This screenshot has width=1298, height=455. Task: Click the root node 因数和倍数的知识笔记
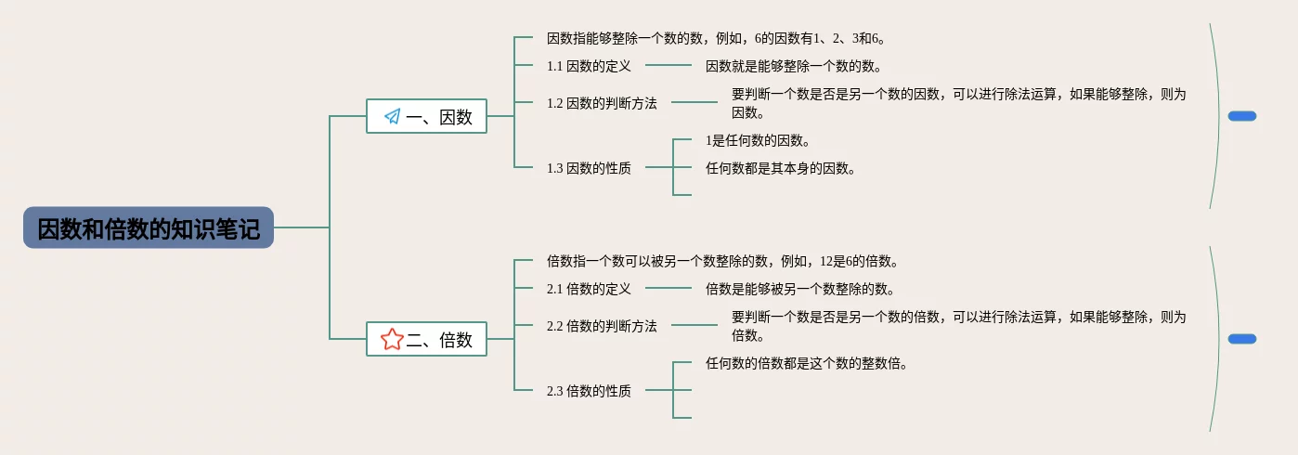pyautogui.click(x=149, y=227)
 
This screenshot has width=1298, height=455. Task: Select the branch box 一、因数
pyautogui.click(x=426, y=116)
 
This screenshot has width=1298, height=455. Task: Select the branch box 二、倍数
pyautogui.click(x=426, y=339)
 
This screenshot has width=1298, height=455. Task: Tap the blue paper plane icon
pyautogui.click(x=392, y=116)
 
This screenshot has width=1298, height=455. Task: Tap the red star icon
pyautogui.click(x=392, y=339)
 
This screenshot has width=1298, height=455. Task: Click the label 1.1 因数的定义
pyautogui.click(x=589, y=66)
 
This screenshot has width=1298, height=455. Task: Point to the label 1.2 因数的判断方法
pyautogui.click(x=602, y=103)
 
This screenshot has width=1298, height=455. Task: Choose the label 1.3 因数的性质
pyautogui.click(x=589, y=168)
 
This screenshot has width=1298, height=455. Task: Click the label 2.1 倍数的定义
pyautogui.click(x=589, y=289)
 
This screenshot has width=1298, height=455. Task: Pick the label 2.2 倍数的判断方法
pyautogui.click(x=602, y=326)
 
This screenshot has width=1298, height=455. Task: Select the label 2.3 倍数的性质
pyautogui.click(x=589, y=391)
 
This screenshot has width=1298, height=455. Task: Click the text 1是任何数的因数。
pyautogui.click(x=759, y=140)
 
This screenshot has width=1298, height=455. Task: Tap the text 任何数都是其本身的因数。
pyautogui.click(x=780, y=168)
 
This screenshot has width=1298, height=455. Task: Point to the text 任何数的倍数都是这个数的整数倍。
pyautogui.click(x=806, y=363)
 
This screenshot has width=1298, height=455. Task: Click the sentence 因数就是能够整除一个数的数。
pyautogui.click(x=793, y=66)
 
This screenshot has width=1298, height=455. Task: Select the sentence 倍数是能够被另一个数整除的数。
pyautogui.click(x=799, y=289)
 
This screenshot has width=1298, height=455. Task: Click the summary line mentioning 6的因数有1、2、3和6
pyautogui.click(x=716, y=38)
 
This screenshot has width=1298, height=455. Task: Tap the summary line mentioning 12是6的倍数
pyautogui.click(x=722, y=261)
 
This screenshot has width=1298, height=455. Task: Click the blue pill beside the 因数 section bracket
pyautogui.click(x=1241, y=116)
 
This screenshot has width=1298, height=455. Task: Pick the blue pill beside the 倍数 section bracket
pyautogui.click(x=1241, y=339)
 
